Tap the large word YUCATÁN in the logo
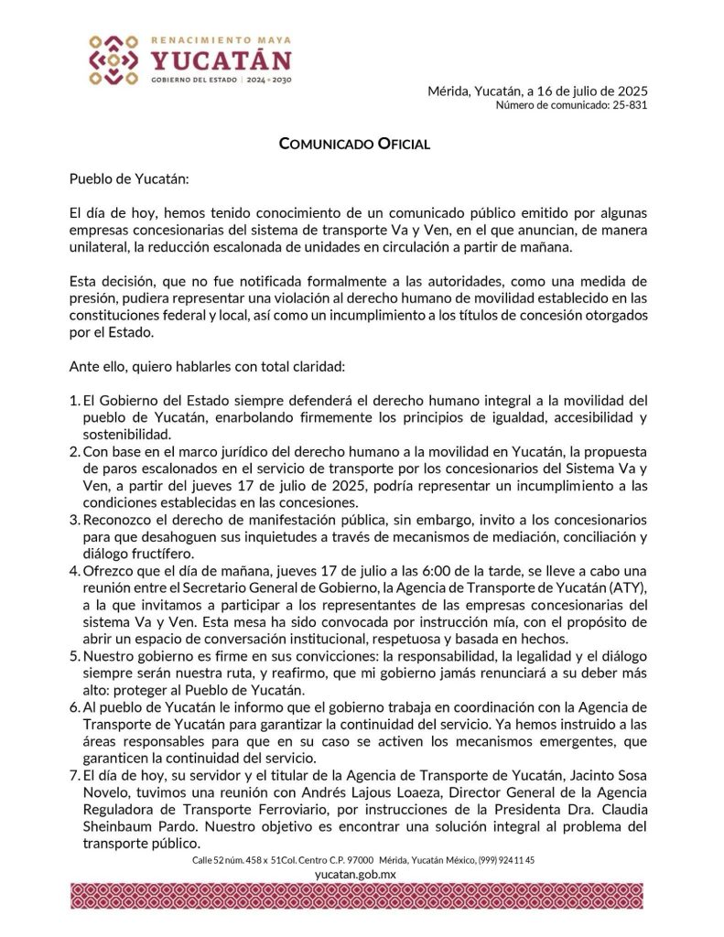(221, 61)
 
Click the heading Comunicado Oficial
(354, 144)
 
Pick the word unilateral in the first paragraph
(100, 247)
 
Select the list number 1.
(74, 401)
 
